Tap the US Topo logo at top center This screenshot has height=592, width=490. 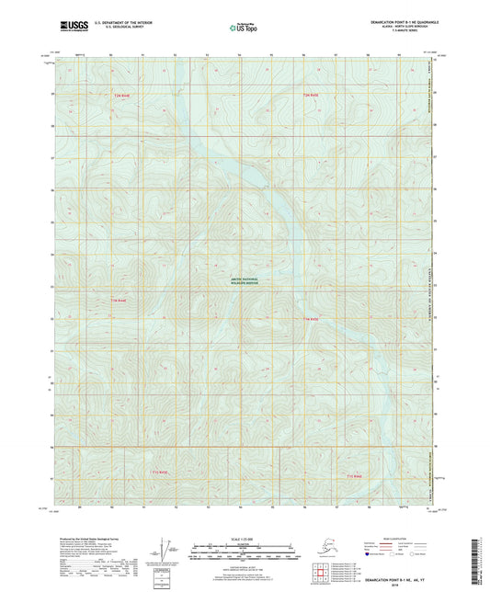coord(244,28)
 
